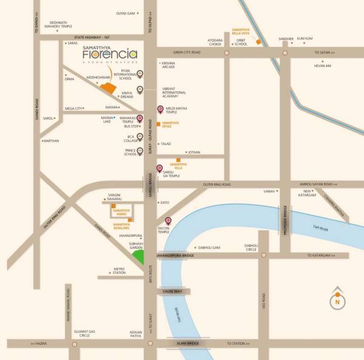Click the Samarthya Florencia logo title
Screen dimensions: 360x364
(110, 54)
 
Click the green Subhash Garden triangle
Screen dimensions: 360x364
(140, 256)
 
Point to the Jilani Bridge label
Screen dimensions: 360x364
(189, 344)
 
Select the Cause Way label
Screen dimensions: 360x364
(173, 291)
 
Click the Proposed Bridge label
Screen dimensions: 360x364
(285, 221)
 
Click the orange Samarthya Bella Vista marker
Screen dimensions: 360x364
(258, 42)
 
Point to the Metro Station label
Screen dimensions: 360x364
(119, 270)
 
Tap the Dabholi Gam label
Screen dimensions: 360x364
(208, 248)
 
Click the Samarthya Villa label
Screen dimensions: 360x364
(178, 166)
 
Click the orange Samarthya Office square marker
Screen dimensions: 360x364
(158, 124)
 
